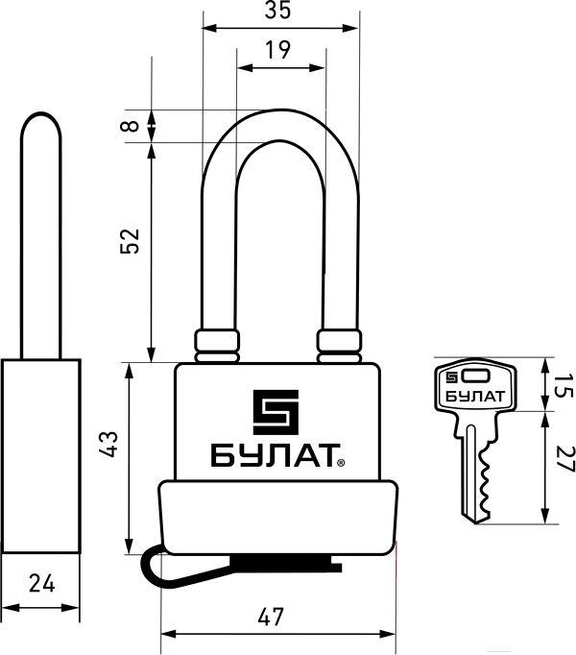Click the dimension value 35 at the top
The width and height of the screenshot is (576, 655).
[x=277, y=10]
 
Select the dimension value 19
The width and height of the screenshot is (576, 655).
[x=278, y=50]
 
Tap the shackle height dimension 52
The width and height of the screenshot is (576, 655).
[x=130, y=241]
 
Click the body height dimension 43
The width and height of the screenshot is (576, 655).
[x=109, y=444]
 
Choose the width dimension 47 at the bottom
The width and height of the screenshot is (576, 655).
[x=271, y=617]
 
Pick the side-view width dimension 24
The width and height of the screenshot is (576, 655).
[x=42, y=583]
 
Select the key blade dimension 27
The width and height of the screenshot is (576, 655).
[x=565, y=459]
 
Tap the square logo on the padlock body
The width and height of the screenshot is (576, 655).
[x=276, y=412]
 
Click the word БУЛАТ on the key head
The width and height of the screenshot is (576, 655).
[x=475, y=396]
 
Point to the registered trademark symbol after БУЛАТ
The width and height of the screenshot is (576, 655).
[x=341, y=462]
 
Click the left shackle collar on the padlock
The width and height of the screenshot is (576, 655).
[x=217, y=346]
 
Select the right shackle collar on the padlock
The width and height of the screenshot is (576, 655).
[x=339, y=346]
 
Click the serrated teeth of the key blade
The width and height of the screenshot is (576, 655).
[x=485, y=480]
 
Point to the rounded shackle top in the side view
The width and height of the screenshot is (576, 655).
[x=41, y=121]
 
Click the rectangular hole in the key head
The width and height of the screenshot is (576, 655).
[x=475, y=376]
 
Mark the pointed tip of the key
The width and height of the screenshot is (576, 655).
[x=475, y=523]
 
